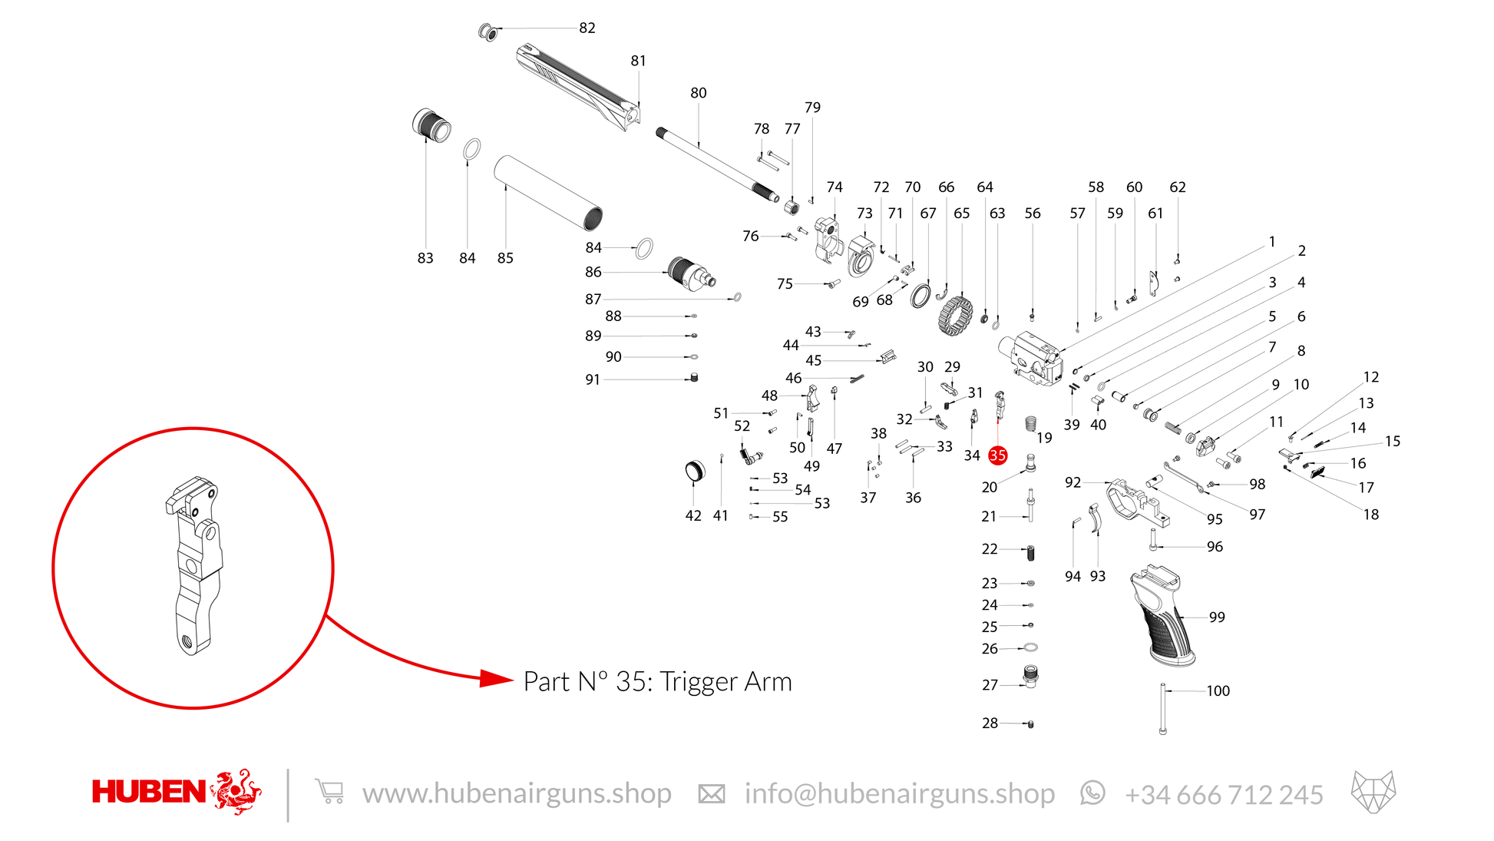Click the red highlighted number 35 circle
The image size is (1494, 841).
click(997, 455)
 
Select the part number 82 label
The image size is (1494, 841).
click(587, 28)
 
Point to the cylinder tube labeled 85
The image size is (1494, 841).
click(548, 193)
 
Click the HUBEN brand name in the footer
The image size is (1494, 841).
click(149, 792)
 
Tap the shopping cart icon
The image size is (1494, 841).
click(329, 792)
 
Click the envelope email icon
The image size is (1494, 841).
click(711, 794)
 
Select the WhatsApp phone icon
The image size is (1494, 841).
click(1092, 793)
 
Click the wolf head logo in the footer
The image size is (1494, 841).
click(1373, 792)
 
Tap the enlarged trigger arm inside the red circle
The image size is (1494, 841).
click(194, 565)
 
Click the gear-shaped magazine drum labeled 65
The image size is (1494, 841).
click(955, 316)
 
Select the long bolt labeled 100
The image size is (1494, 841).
click(1163, 709)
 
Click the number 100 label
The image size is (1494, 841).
click(1218, 691)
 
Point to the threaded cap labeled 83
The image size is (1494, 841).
click(431, 125)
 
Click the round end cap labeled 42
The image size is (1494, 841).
click(694, 471)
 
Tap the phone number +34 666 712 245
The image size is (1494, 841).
click(1224, 794)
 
